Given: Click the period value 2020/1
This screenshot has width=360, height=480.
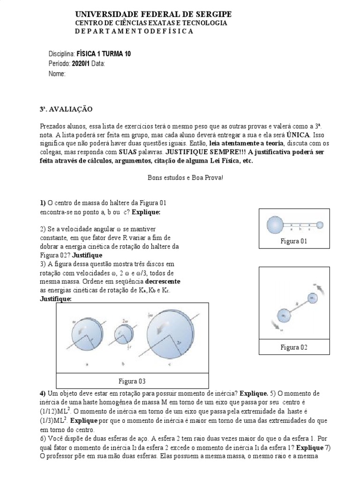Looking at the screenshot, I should [81, 64].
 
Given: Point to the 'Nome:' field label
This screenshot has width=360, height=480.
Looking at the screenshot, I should [57, 74].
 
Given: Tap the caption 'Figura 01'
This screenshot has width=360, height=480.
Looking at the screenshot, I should [294, 241].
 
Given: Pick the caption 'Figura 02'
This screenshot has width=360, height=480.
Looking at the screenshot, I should [294, 347].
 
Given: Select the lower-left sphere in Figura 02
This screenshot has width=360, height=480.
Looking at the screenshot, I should [283, 316].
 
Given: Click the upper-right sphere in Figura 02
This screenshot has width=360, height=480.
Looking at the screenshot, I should [313, 298].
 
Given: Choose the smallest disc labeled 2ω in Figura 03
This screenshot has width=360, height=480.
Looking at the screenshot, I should [123, 334].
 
